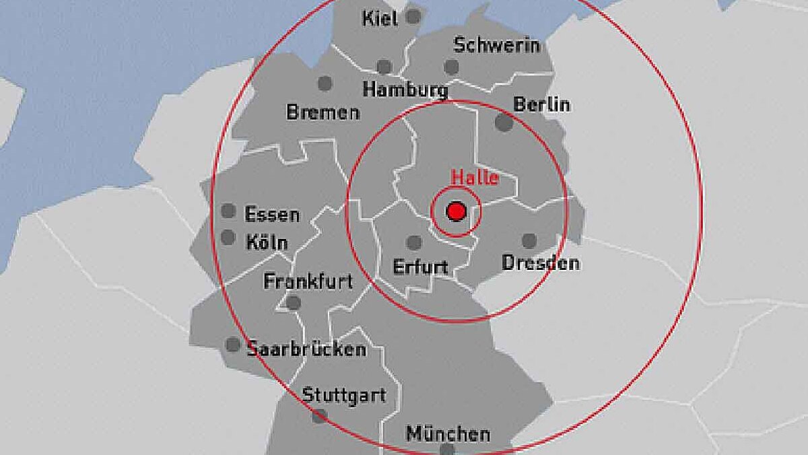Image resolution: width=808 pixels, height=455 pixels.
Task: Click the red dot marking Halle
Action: click(x=457, y=211)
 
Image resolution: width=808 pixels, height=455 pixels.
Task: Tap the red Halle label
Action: click(x=475, y=178)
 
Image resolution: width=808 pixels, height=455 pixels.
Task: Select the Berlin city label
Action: click(x=541, y=104)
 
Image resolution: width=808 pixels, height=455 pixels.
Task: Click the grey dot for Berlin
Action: click(x=504, y=123)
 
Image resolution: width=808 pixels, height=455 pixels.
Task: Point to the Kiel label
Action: click(x=380, y=18)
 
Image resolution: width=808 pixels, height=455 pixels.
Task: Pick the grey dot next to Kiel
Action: click(x=413, y=15)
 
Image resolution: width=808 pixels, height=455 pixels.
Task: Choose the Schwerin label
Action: click(x=497, y=45)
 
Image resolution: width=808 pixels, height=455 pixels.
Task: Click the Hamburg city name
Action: click(x=405, y=89)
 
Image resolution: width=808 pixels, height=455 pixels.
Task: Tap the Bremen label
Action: click(x=323, y=112)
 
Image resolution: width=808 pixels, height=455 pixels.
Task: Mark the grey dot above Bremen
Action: click(x=325, y=83)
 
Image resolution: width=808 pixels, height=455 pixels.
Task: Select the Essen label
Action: click(x=271, y=214)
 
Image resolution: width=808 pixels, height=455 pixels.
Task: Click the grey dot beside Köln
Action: click(x=228, y=237)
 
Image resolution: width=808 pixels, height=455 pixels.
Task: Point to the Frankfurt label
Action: click(x=308, y=281)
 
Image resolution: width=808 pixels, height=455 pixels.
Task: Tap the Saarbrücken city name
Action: click(x=306, y=349)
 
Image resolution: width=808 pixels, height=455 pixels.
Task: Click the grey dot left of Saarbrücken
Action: click(x=233, y=345)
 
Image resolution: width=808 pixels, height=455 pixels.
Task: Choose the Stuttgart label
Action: click(x=344, y=394)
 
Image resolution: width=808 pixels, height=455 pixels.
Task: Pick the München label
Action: click(x=448, y=434)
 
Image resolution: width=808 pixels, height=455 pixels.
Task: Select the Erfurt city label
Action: click(x=420, y=267)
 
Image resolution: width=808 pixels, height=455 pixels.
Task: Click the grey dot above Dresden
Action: click(x=529, y=240)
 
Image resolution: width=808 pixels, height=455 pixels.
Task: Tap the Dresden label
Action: click(x=540, y=262)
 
